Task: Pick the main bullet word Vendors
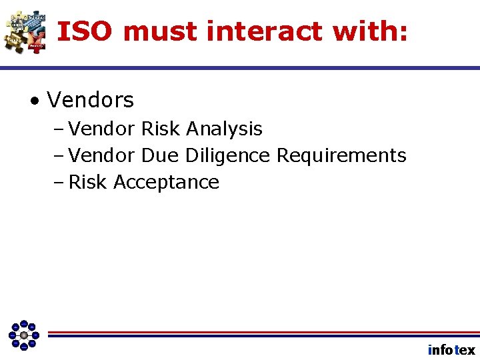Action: tap(91, 101)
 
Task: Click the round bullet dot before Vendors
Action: tap(33, 101)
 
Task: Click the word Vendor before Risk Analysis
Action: tap(103, 129)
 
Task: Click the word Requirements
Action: tap(341, 155)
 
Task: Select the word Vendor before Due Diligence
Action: tap(103, 155)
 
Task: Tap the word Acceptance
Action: tap(166, 182)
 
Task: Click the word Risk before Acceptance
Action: tap(89, 182)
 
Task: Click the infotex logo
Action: tap(451, 350)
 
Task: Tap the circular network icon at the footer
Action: tap(24, 335)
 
